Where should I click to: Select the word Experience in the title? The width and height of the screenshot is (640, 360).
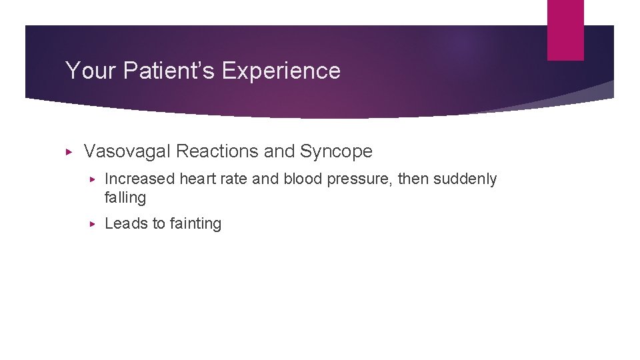tap(281, 71)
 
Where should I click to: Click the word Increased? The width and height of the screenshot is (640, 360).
tap(140, 179)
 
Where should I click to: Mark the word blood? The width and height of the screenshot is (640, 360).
tap(303, 179)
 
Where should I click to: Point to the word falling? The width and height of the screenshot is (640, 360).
tap(125, 198)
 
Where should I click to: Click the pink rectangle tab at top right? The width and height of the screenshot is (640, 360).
tap(565, 30)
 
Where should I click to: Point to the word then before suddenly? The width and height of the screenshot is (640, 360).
tap(414, 179)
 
